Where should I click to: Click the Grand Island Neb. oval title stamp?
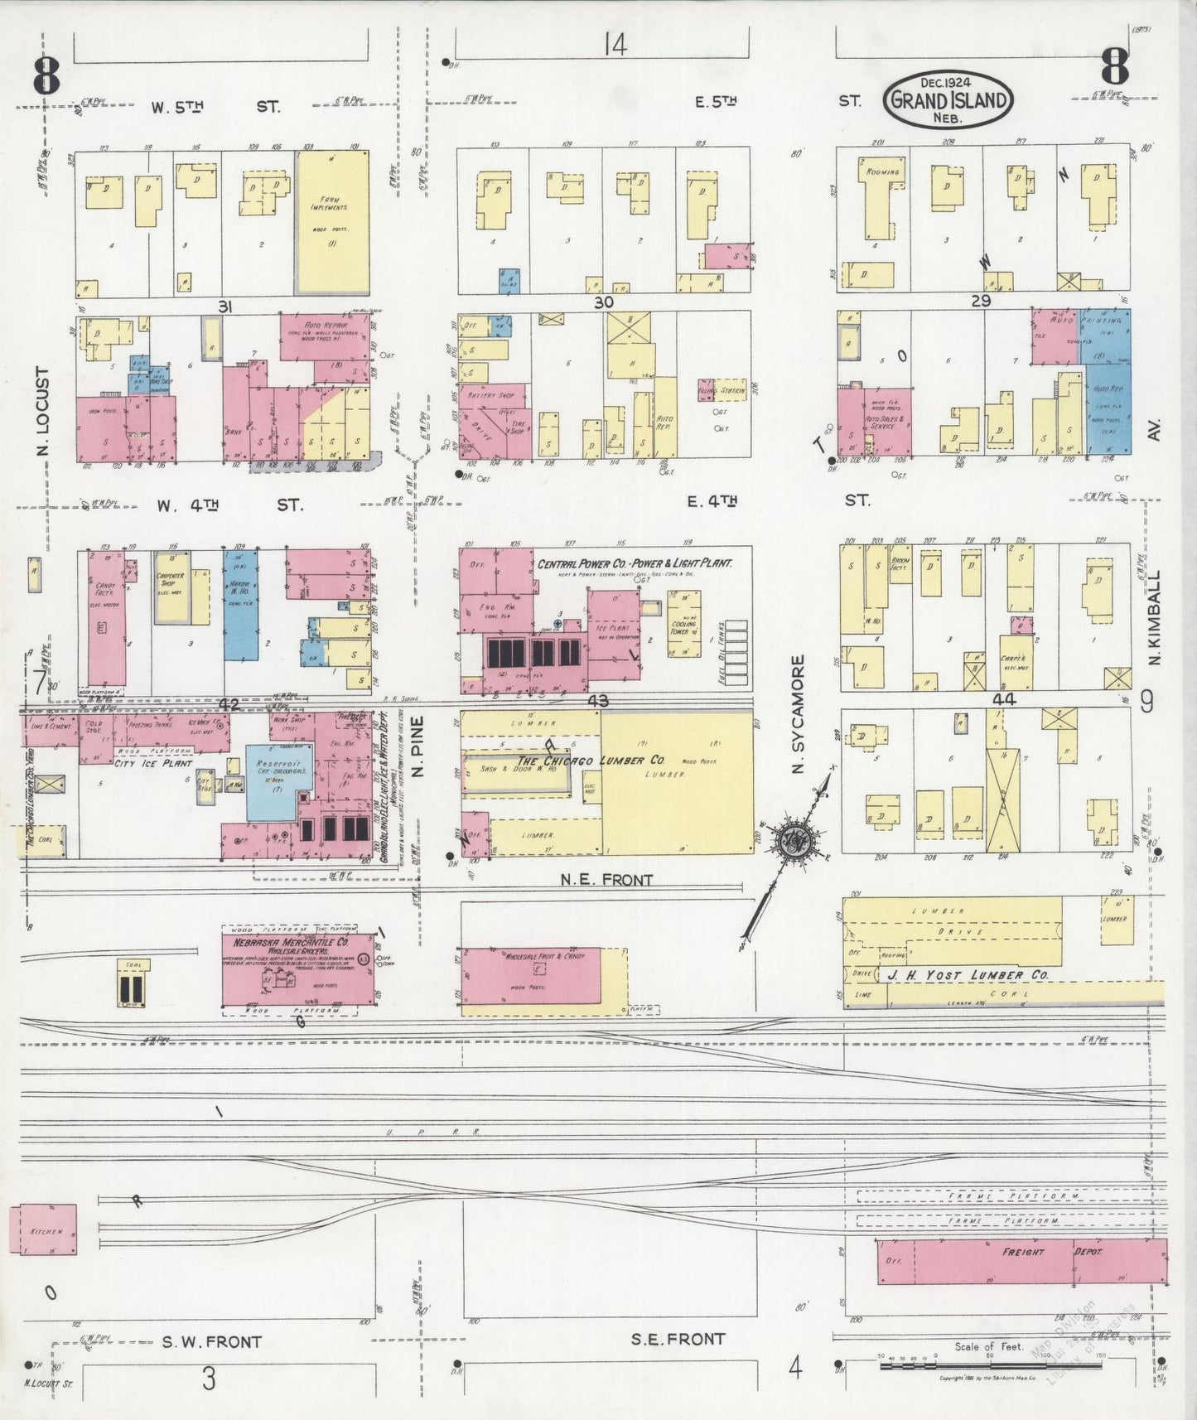pyautogui.click(x=949, y=98)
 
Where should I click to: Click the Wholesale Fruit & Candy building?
pyautogui.click(x=530, y=975)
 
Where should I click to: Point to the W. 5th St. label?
pyautogui.click(x=215, y=107)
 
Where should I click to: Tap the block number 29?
pyautogui.click(x=981, y=302)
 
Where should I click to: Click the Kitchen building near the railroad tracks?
pyautogui.click(x=43, y=1229)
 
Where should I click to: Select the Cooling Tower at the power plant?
pyautogui.click(x=684, y=624)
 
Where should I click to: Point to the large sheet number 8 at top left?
pyautogui.click(x=47, y=76)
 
